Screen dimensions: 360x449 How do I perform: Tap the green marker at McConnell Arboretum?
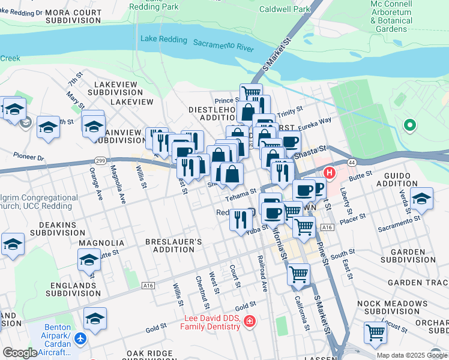pos(410,125)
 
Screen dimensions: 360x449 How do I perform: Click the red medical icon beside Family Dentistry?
pos(249,323)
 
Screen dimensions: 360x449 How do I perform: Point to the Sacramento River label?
pos(223,44)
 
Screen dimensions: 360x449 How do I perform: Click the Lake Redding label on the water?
pos(163,38)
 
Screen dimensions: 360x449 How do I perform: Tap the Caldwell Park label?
pos(285,9)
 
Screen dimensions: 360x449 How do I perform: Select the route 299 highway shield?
pos(100,160)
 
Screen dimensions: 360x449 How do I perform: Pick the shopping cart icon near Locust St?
pos(375,332)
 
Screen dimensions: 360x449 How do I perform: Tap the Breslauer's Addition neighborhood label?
pos(174,245)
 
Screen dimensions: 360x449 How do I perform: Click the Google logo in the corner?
pos(19,353)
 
